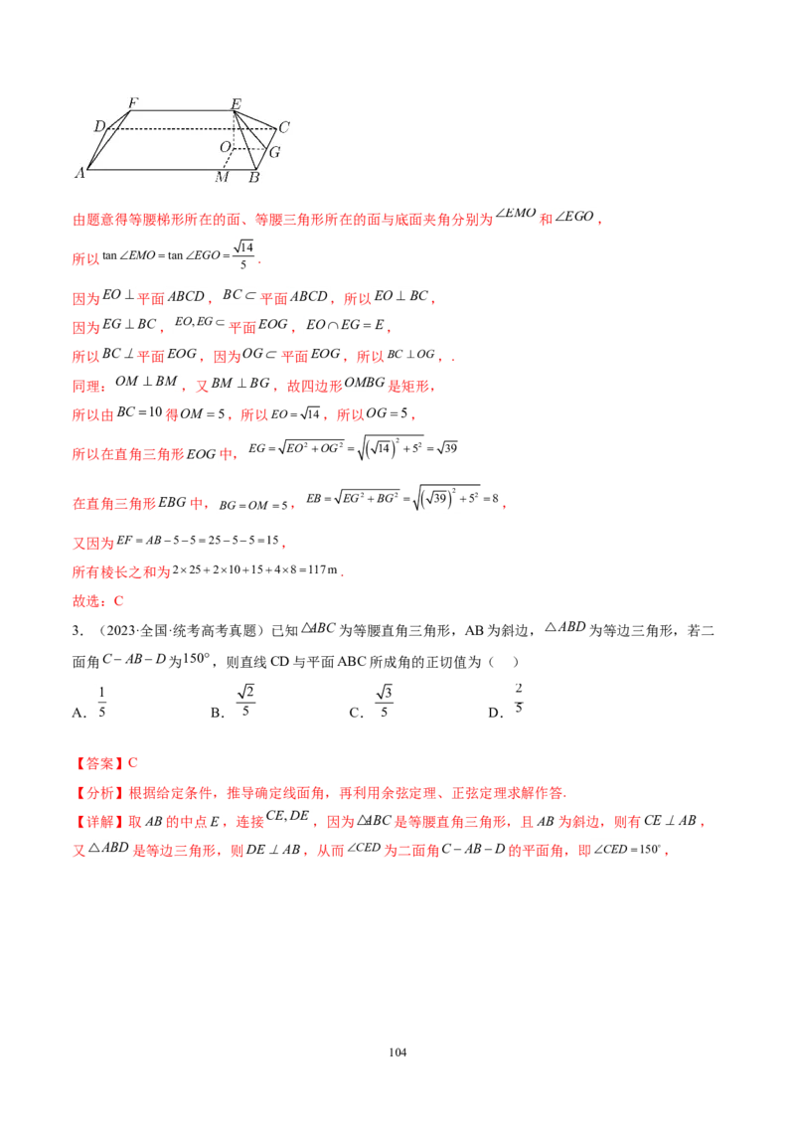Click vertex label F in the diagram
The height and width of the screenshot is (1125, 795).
133,102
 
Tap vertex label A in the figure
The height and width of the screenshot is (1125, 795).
80,172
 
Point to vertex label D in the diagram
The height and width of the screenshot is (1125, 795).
99,127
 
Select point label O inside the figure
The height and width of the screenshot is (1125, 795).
226,147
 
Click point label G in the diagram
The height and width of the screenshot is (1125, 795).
274,152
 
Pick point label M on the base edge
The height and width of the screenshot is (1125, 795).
222,177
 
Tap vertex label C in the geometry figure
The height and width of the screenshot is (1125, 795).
284,127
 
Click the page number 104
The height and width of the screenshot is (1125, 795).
397,1051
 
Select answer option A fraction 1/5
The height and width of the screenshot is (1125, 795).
101,702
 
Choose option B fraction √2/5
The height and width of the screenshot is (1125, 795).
245,701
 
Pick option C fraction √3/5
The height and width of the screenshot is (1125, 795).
384,701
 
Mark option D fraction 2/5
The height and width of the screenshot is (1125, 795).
519,698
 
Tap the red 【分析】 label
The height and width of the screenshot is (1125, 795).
99,793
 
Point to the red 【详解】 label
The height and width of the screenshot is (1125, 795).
99,822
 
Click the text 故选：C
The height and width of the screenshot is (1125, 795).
98,600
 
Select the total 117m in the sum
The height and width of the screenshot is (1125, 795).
322,569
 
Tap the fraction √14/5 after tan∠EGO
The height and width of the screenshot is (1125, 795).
243,255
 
